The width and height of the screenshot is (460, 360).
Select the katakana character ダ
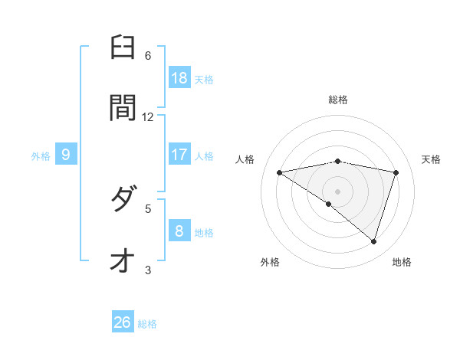tap(123, 201)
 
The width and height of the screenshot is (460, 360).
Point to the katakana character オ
tap(123, 260)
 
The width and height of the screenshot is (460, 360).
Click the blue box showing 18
tap(179, 77)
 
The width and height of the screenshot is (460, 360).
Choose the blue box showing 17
tap(179, 155)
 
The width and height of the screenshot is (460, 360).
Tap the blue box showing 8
tap(179, 231)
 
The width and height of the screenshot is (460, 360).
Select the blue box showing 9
tap(66, 155)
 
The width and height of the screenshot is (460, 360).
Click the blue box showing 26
tap(123, 322)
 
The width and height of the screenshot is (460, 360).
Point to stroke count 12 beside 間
tap(148, 116)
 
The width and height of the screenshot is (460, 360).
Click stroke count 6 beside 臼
tap(148, 56)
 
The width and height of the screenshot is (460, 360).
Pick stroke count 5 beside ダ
tap(148, 208)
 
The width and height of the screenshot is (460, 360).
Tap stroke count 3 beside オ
tap(148, 269)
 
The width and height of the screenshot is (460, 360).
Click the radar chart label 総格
tap(338, 100)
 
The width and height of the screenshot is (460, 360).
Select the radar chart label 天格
tap(432, 159)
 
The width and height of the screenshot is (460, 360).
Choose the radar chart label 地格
tap(402, 262)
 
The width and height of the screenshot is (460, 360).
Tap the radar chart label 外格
tap(270, 262)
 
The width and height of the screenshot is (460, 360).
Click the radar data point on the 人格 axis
tap(280, 172)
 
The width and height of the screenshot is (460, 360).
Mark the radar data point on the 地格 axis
tap(373, 241)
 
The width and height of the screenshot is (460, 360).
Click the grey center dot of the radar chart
tap(338, 191)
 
